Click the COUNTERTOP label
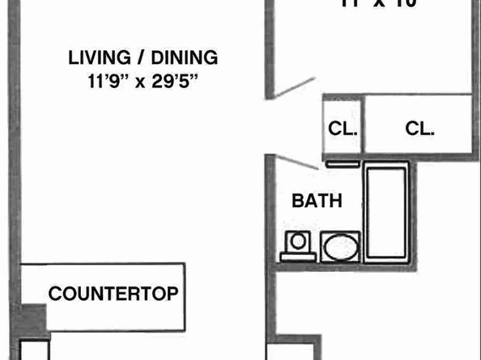tap(113, 294)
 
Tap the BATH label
tap(317, 201)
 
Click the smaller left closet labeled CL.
tap(343, 129)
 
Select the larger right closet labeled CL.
tap(419, 128)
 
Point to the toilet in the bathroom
tap(297, 243)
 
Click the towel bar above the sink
tap(344, 163)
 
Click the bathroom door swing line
tap(296, 162)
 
